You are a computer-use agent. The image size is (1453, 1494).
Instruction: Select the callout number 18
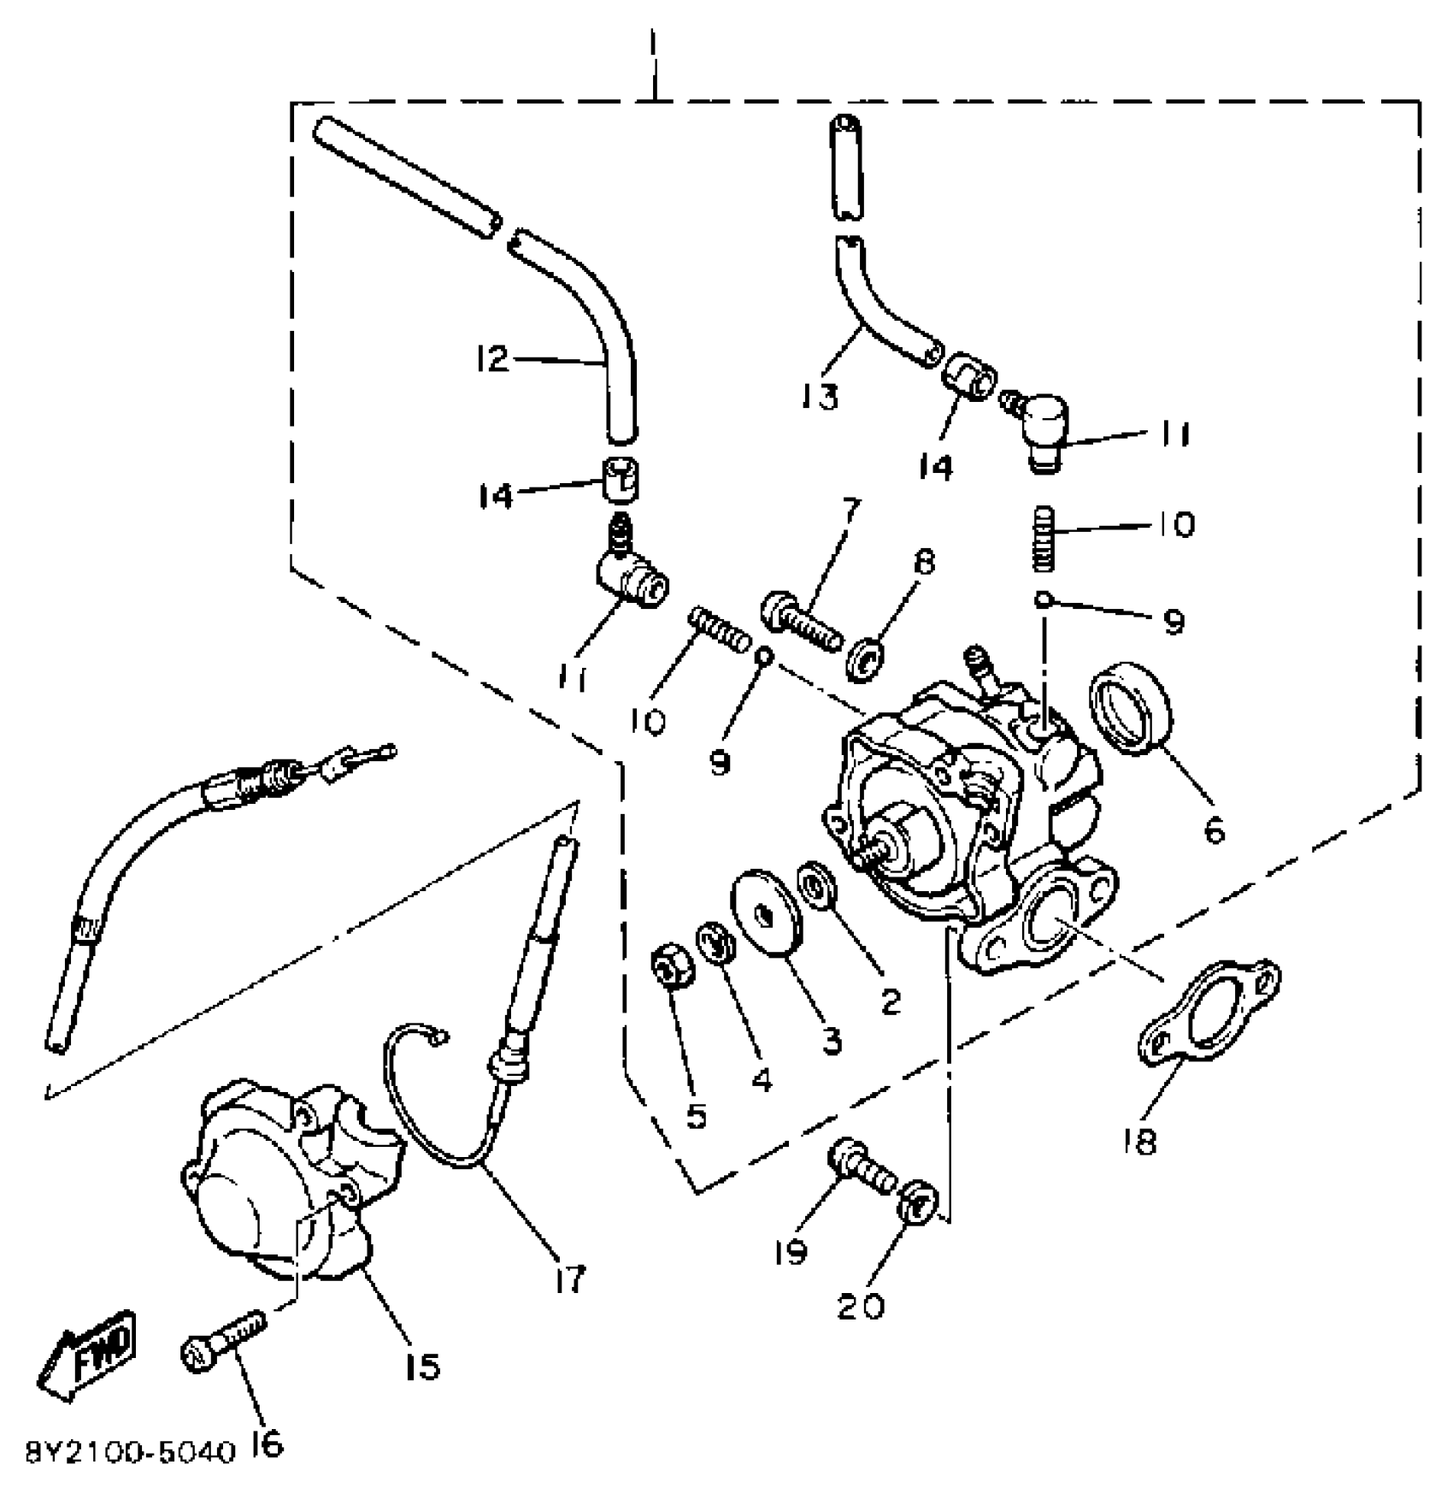pos(1141,1140)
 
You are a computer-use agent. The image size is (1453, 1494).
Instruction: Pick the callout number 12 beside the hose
pos(492,359)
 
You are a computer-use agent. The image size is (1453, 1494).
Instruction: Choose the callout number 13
pos(821,396)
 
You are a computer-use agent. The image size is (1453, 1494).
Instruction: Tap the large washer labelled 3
pos(767,910)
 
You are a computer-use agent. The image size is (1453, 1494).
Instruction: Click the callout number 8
pos(924,562)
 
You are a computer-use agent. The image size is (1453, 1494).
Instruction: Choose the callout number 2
pos(891,1001)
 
